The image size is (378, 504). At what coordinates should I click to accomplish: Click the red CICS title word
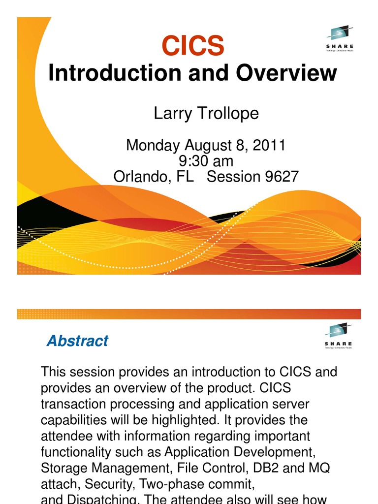[193, 47]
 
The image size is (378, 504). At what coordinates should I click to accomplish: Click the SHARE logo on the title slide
[339, 39]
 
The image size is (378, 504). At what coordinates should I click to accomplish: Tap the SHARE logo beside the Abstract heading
[339, 337]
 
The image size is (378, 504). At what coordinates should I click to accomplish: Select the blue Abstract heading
[77, 341]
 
